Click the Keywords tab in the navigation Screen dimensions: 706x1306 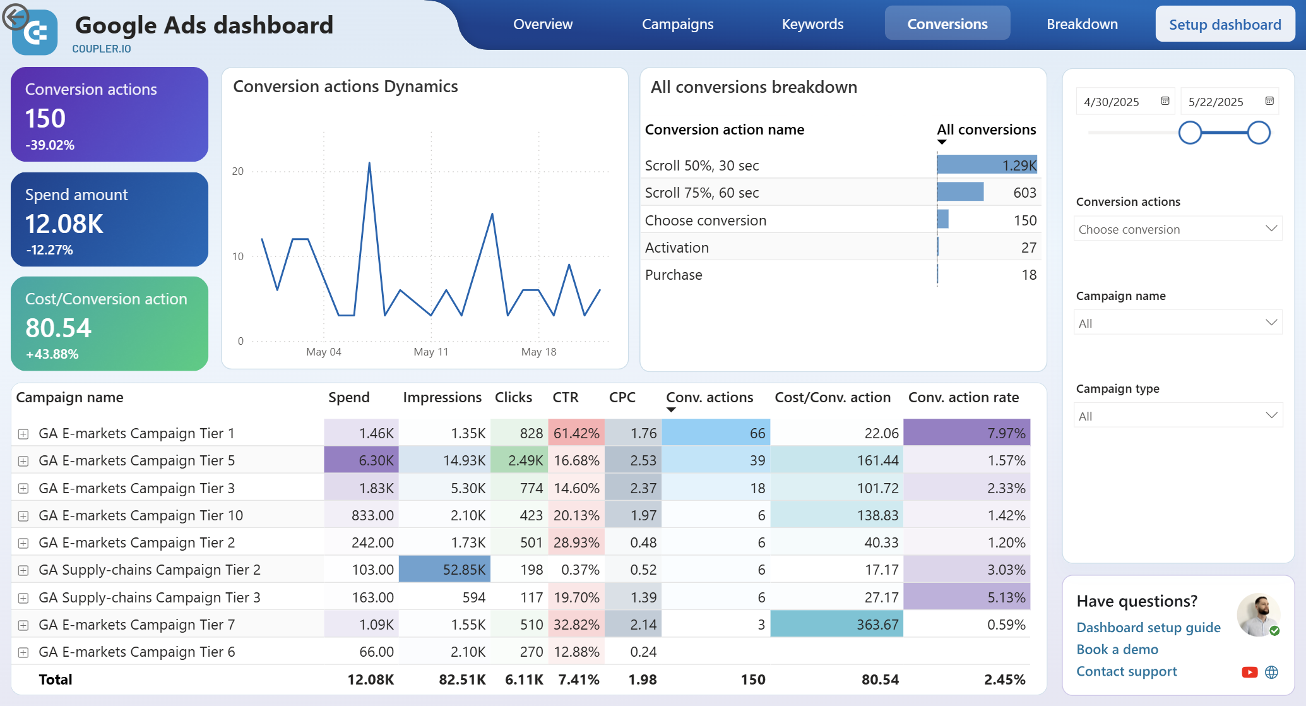coord(812,24)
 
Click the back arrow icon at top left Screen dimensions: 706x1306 coord(15,17)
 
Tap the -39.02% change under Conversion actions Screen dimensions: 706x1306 coord(50,145)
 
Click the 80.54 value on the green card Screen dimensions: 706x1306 coord(58,328)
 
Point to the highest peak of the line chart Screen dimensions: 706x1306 coord(369,164)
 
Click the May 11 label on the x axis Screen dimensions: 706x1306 coord(430,352)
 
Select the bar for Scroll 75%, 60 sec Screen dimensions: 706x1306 coord(960,192)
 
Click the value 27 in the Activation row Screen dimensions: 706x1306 coord(1028,248)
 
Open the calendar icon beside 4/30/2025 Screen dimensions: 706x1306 coord(1165,101)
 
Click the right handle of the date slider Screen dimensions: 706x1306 coord(1258,133)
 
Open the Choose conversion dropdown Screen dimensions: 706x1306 coord(1178,229)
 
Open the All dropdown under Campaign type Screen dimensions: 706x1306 coord(1178,416)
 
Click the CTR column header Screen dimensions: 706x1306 coord(565,397)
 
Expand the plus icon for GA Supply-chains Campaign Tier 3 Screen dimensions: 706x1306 coord(23,597)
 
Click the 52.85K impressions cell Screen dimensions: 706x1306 coord(444,570)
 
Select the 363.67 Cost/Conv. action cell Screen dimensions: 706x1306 coord(836,625)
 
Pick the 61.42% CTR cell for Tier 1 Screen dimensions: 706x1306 coord(576,433)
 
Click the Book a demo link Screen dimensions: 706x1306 coord(1117,649)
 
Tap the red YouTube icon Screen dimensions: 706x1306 coord(1249,672)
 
